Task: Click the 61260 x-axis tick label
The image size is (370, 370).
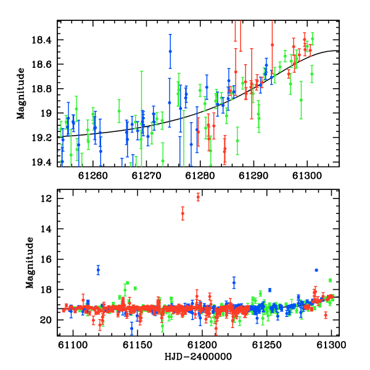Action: pyautogui.click(x=93, y=176)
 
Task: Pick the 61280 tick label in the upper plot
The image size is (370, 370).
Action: pyautogui.click(x=200, y=176)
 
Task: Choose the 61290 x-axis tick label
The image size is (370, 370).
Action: pyautogui.click(x=253, y=176)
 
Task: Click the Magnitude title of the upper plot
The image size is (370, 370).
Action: pyautogui.click(x=21, y=94)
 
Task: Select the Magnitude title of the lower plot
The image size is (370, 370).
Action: pyautogui.click(x=30, y=263)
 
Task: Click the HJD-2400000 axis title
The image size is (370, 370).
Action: pyautogui.click(x=198, y=356)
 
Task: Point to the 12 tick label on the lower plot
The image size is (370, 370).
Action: pyautogui.click(x=46, y=199)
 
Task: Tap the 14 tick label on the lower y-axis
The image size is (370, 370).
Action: pyautogui.click(x=46, y=229)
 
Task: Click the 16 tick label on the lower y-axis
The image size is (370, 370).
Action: pyautogui.click(x=46, y=260)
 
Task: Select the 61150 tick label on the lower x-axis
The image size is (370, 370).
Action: pyautogui.click(x=138, y=345)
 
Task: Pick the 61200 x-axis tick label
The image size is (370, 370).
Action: pyautogui.click(x=202, y=345)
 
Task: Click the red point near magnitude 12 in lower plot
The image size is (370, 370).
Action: pyautogui.click(x=198, y=197)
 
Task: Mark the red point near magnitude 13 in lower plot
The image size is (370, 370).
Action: pyautogui.click(x=183, y=213)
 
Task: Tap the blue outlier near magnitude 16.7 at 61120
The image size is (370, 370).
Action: pyautogui.click(x=98, y=270)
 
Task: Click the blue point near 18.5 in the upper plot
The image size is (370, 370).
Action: pyautogui.click(x=170, y=51)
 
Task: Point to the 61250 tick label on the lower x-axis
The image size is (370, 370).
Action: pyautogui.click(x=267, y=345)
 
